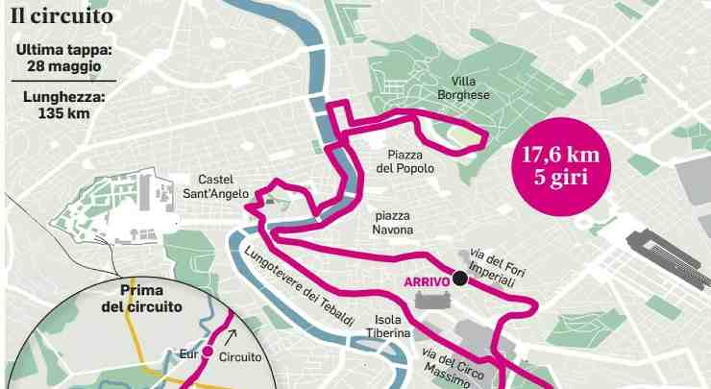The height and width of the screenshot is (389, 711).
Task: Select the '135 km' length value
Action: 65,113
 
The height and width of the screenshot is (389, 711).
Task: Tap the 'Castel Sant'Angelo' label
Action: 223,186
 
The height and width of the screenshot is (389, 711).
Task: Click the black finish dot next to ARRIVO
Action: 460,279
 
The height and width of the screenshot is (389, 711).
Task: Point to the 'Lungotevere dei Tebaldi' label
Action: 299,287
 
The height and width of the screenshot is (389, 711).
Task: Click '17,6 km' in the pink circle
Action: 561,155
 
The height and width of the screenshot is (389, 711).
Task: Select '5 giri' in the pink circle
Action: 561,178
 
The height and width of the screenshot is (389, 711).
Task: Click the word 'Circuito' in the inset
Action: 240,356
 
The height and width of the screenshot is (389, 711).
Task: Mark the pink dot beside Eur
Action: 207,353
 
